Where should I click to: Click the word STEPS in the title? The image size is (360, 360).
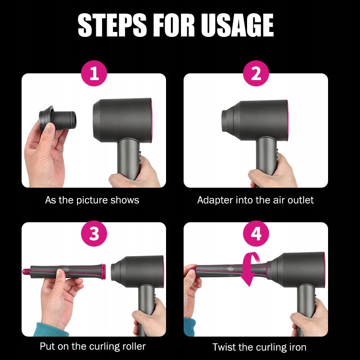coord(112,25)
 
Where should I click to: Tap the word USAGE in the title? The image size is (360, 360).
coord(237,25)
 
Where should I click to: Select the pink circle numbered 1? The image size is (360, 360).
coord(94,73)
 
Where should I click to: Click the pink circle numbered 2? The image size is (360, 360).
coord(256,73)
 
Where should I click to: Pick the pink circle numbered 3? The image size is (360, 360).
coord(94,234)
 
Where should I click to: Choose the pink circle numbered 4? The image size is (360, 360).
coord(256,234)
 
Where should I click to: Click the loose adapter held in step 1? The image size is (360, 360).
coord(58,119)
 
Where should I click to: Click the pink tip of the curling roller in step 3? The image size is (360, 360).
coord(26,272)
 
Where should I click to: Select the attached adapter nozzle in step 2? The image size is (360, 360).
coord(228,121)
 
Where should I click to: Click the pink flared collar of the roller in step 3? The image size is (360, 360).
coord(103,272)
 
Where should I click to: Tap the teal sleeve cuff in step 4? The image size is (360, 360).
coord(189,327)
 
